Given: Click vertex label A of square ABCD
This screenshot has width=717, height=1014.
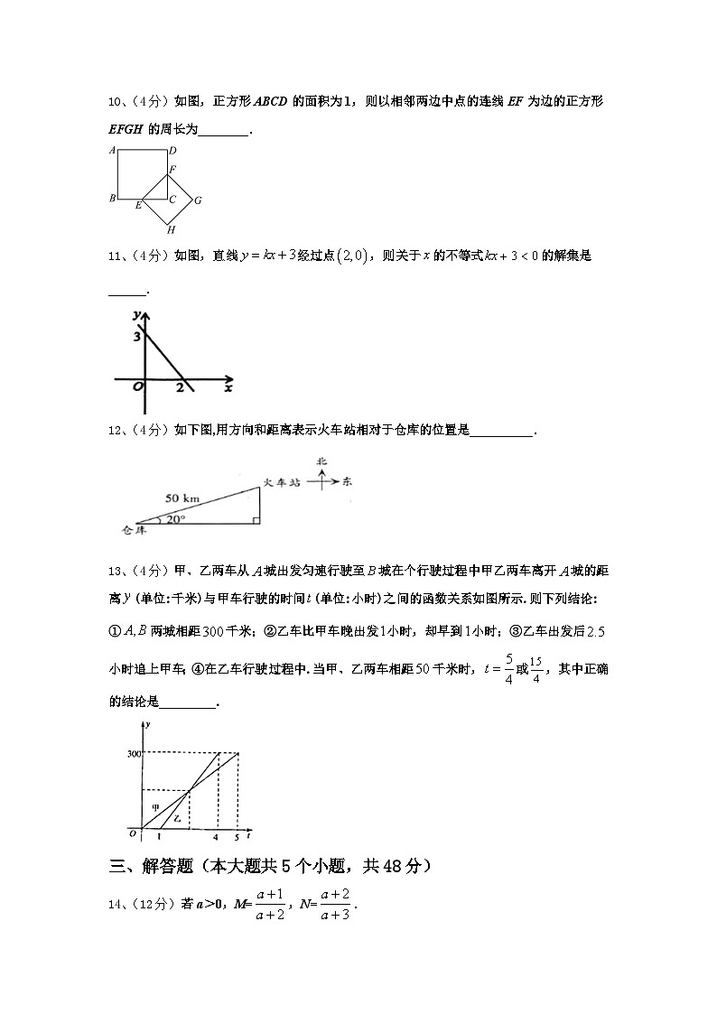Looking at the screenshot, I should tap(111, 151).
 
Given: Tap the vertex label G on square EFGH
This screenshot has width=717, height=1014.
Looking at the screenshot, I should tap(197, 200).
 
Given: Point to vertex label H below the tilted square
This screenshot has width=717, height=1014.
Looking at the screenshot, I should tap(170, 230).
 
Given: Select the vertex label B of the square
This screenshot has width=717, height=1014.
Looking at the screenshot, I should tap(111, 199).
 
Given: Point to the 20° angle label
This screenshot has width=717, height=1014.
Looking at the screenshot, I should tap(174, 519).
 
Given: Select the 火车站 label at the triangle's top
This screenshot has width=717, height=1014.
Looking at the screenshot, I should tap(281, 483).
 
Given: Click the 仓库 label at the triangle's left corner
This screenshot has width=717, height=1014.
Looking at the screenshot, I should tap(134, 530).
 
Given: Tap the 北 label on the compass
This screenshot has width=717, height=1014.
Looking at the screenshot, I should tap(321, 462).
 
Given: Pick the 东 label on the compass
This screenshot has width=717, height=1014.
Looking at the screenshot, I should tap(347, 482).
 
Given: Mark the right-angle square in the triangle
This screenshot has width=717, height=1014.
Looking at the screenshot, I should tap(256, 520).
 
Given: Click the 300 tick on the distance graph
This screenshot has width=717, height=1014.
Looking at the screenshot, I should tap(134, 753).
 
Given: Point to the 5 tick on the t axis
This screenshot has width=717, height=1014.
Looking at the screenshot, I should tap(237, 837).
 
